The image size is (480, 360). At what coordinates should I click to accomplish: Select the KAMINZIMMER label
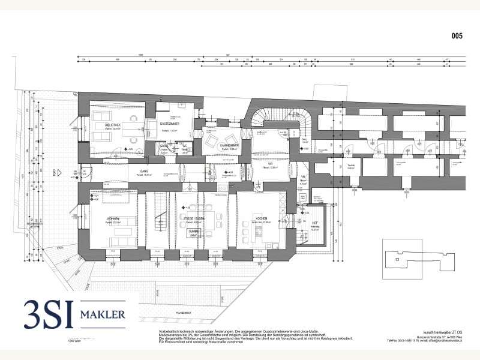(214, 146)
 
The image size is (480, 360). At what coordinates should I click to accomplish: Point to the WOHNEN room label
(113, 219)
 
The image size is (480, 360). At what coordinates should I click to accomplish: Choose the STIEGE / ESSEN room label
(194, 219)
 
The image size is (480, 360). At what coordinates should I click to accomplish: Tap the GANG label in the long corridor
(144, 171)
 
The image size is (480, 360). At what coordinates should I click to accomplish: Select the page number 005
(457, 36)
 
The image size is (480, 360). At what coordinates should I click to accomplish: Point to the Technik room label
(352, 168)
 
